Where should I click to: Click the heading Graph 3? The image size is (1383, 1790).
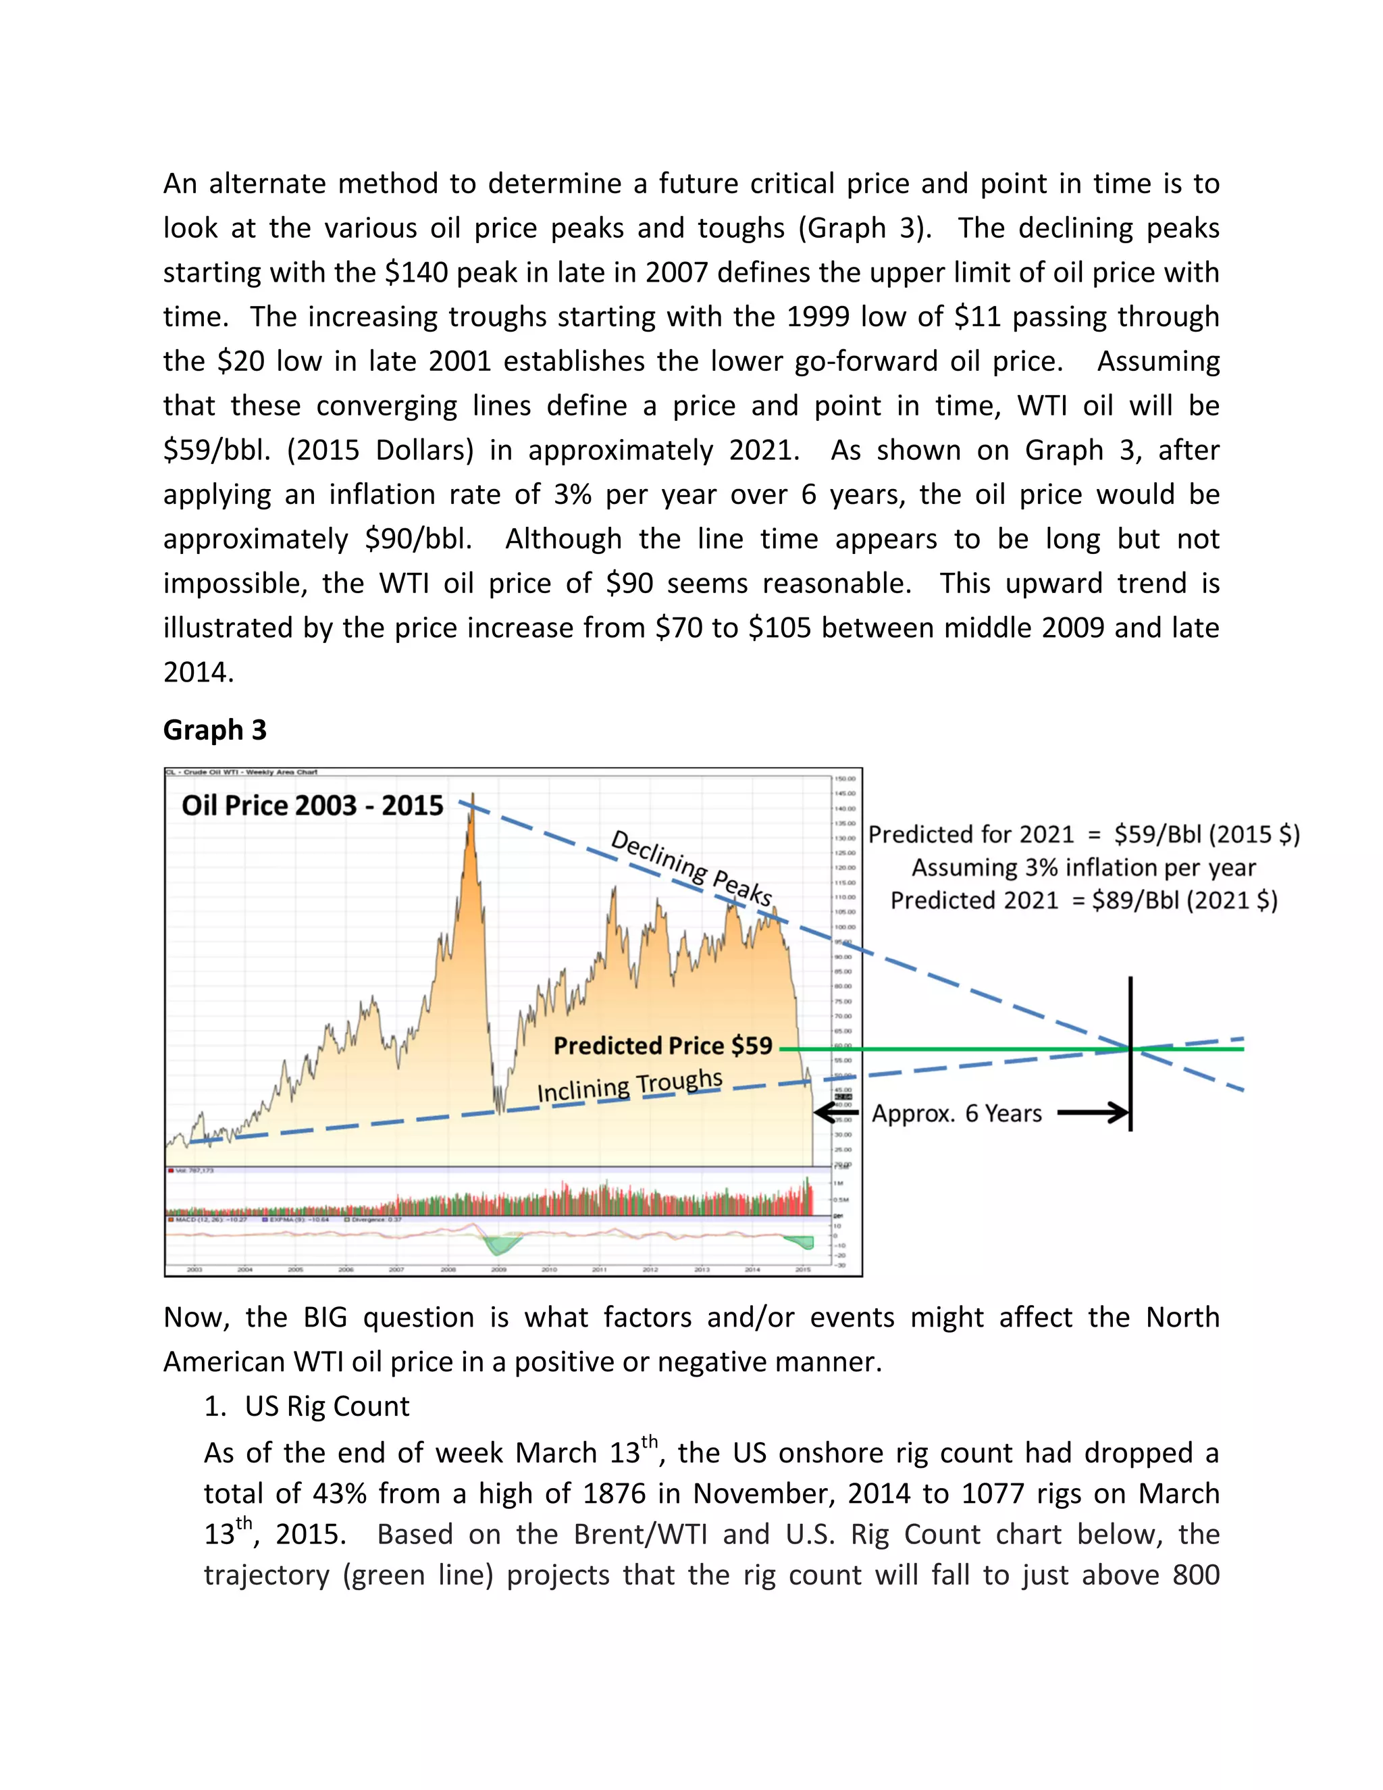[215, 730]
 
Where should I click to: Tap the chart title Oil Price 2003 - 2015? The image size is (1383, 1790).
[312, 805]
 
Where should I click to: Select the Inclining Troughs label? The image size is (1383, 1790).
[629, 1085]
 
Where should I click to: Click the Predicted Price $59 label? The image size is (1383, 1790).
[663, 1045]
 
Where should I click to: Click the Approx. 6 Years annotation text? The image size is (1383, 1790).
[956, 1113]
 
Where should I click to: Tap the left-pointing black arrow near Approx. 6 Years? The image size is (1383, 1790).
[835, 1113]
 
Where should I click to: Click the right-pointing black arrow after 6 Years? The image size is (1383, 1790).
[1094, 1113]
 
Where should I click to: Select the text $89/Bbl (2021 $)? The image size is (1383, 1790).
[1184, 900]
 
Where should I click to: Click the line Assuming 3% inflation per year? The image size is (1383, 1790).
[1083, 867]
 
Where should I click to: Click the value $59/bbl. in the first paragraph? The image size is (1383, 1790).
[216, 450]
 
